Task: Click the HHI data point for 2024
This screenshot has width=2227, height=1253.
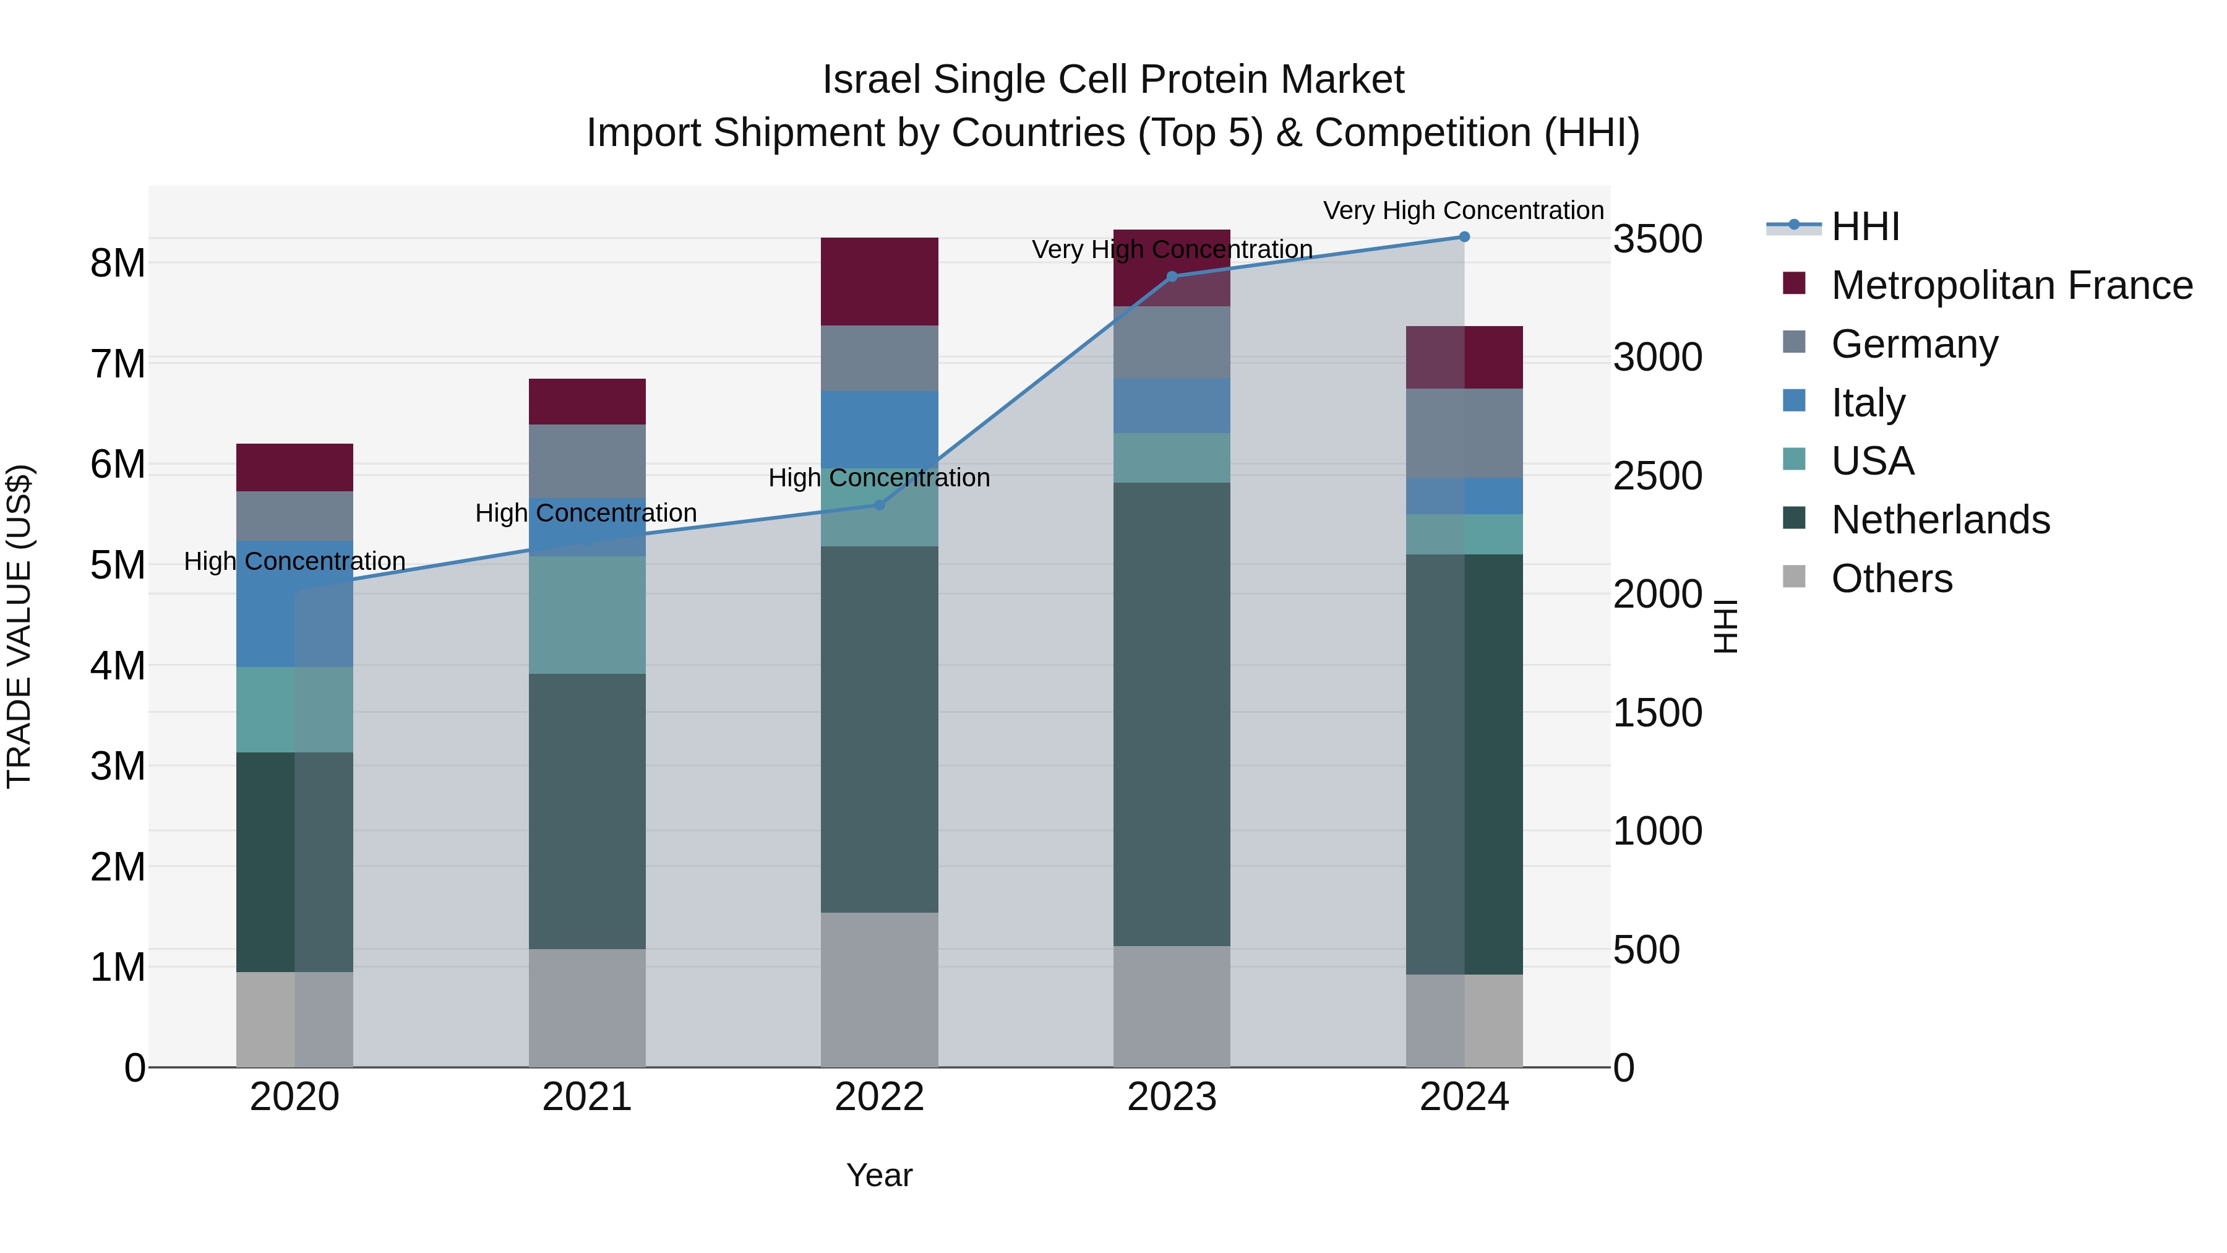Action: (x=1464, y=236)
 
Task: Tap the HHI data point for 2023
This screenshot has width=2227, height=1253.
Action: (x=1172, y=277)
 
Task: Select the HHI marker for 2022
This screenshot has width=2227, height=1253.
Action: (x=879, y=505)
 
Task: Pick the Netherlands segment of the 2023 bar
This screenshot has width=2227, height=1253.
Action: (x=1172, y=713)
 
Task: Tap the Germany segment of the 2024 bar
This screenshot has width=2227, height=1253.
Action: (x=1464, y=433)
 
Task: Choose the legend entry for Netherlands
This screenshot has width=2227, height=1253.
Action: (x=1940, y=520)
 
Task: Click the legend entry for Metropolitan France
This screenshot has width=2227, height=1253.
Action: (x=2011, y=285)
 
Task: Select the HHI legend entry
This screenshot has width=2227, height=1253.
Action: (x=1864, y=226)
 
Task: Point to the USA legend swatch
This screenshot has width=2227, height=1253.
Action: (x=1794, y=459)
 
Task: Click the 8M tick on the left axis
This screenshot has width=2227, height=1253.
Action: (x=118, y=263)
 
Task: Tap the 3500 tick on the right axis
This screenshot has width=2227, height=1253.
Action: (x=1657, y=239)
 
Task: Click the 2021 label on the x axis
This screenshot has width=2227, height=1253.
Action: (x=587, y=1097)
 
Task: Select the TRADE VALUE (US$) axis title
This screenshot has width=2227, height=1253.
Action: (x=19, y=626)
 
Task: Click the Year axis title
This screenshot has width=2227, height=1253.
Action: (x=879, y=1175)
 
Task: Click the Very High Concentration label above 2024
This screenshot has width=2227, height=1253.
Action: (x=1463, y=210)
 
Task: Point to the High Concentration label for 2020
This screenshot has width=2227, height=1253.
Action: (x=295, y=561)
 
